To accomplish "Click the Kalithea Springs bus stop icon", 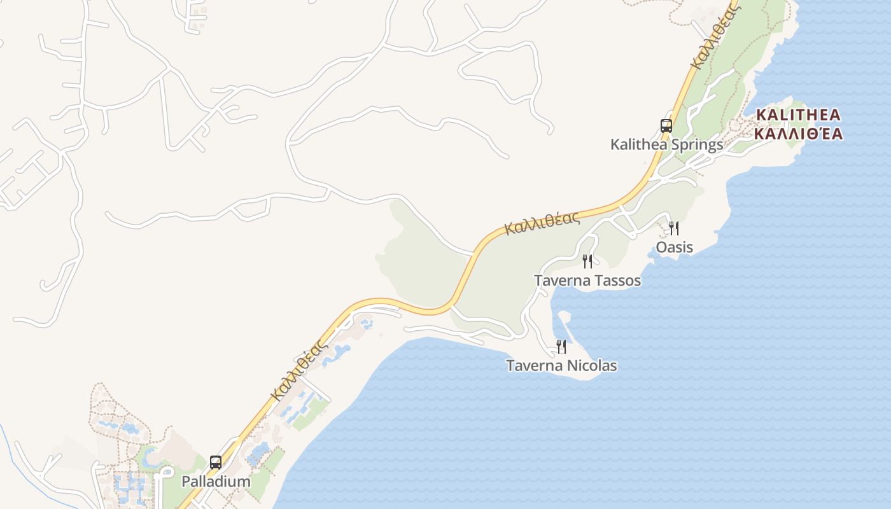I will coord(666,125).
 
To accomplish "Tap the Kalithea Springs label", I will coord(666,144).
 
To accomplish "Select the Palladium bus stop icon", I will coord(216,462).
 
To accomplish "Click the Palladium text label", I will coord(216,481).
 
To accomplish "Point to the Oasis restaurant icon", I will coord(674,228).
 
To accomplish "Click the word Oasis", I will coord(674,247).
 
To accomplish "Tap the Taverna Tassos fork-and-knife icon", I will coord(587,261).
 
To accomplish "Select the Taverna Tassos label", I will coord(587,280).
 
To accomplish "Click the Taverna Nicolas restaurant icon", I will coord(561,346).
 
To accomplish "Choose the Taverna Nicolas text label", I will coord(561,365).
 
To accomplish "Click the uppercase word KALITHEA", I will coord(798,115).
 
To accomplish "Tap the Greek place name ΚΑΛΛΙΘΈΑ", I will coord(798,134).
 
